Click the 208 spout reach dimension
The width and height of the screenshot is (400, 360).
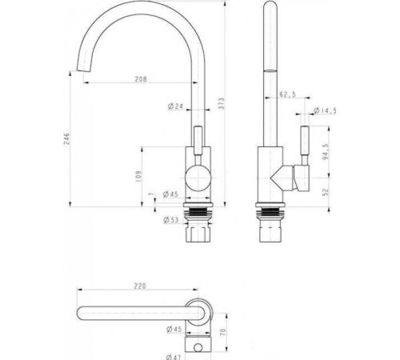tap(141, 79)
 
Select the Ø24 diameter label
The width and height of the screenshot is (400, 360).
tap(175, 106)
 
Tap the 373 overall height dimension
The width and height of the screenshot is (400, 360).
tap(222, 103)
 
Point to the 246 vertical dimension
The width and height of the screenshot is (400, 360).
tap(66, 138)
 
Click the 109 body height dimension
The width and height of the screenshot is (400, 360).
tap(138, 176)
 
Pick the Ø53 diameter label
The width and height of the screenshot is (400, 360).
tap(171, 220)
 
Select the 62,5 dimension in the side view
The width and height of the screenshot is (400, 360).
tap(287, 94)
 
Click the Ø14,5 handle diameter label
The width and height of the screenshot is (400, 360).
tap(325, 110)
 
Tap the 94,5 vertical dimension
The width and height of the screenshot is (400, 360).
tap(326, 152)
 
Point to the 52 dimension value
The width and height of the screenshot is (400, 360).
tap(326, 192)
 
